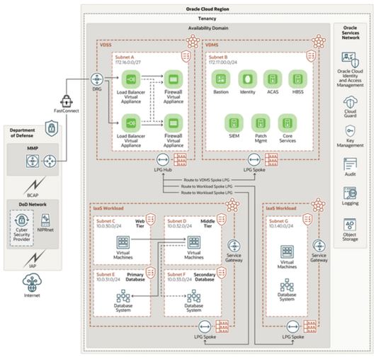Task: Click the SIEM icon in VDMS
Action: (234, 120)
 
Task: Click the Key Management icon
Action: (350, 133)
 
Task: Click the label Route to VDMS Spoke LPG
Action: (210, 180)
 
